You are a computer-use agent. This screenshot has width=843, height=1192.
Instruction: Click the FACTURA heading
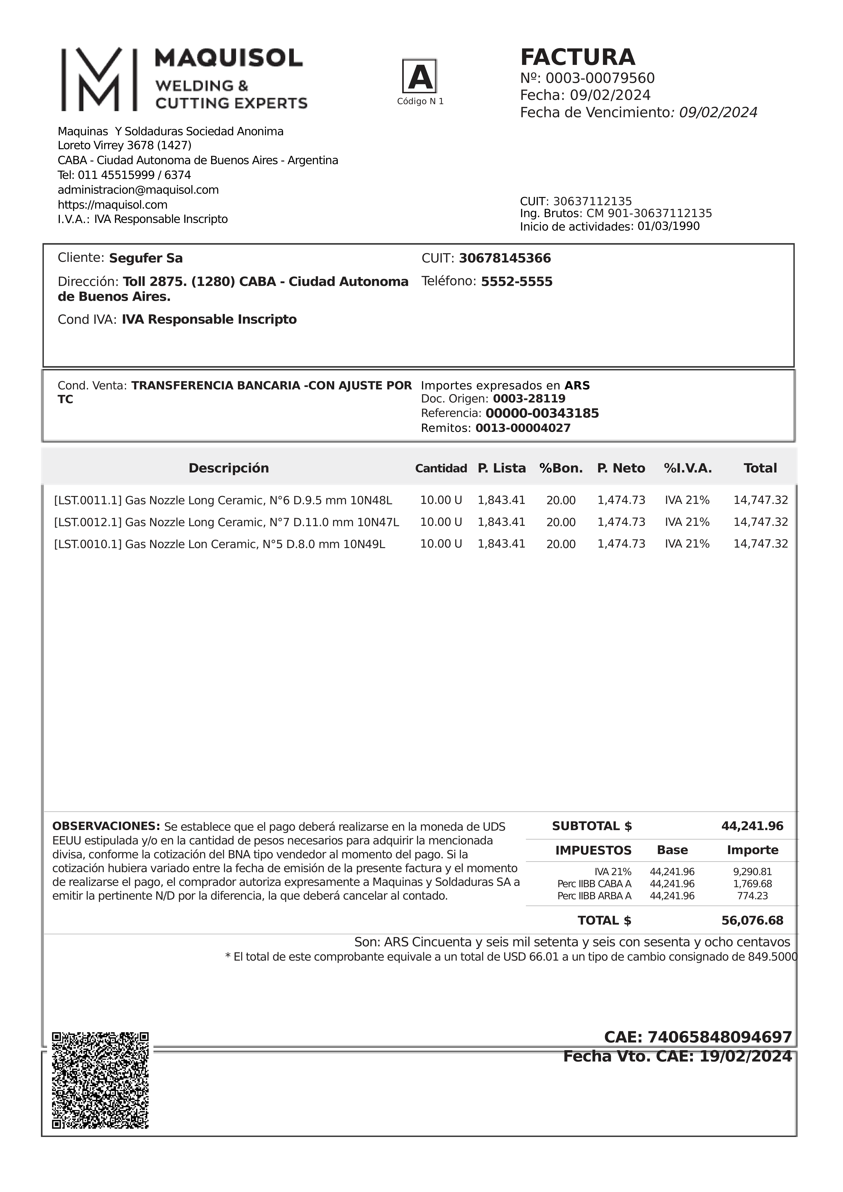[578, 57]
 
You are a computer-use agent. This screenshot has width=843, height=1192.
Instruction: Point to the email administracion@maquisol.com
[138, 190]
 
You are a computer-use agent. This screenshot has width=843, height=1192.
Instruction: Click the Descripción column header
[229, 468]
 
